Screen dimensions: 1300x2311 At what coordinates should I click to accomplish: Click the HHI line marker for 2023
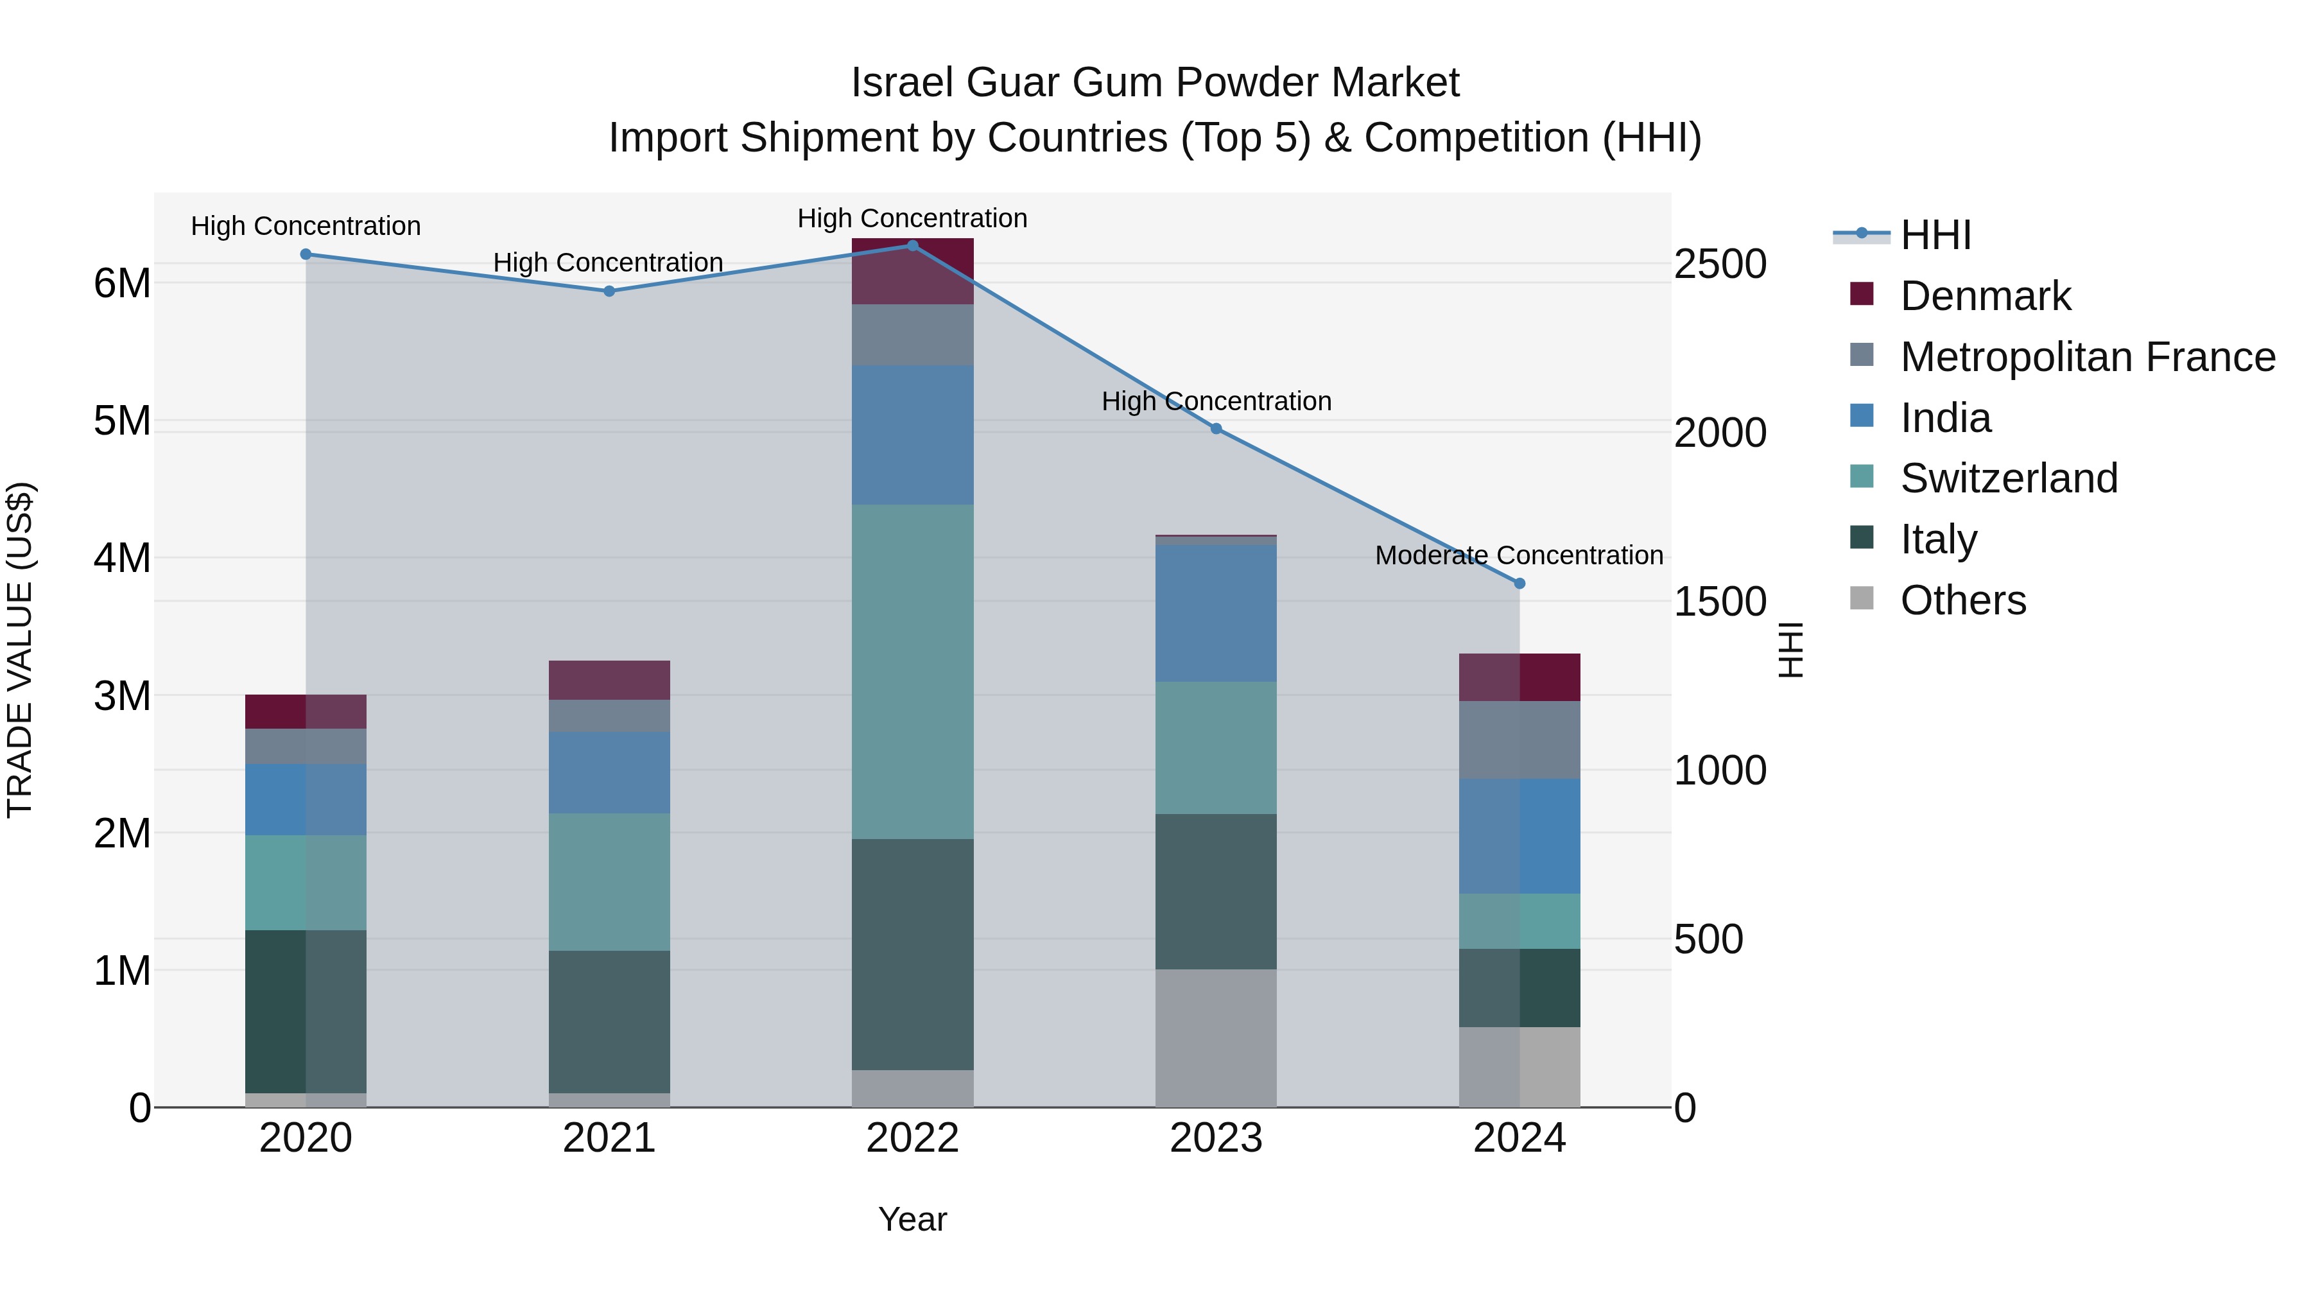1216,429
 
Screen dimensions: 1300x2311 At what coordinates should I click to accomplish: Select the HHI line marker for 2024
1519,583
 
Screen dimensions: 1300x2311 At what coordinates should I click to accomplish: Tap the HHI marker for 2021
609,291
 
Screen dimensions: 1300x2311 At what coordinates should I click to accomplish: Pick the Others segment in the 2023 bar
1216,1038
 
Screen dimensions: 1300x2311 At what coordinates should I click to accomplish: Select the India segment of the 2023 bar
1216,613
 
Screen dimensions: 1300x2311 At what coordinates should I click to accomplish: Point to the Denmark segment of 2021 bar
609,680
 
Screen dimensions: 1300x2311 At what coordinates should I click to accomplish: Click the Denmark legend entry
1984,296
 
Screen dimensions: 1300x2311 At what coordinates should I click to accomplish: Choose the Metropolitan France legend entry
2087,357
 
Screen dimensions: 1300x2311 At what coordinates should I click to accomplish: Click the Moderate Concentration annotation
1518,555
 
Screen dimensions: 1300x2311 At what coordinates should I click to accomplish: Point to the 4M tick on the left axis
122,558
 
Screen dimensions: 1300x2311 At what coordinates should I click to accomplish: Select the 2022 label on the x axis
912,1138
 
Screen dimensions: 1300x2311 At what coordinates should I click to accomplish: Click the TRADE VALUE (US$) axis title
20,650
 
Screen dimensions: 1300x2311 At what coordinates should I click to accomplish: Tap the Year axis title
912,1219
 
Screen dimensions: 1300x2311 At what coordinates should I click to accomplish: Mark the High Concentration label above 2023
1216,401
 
